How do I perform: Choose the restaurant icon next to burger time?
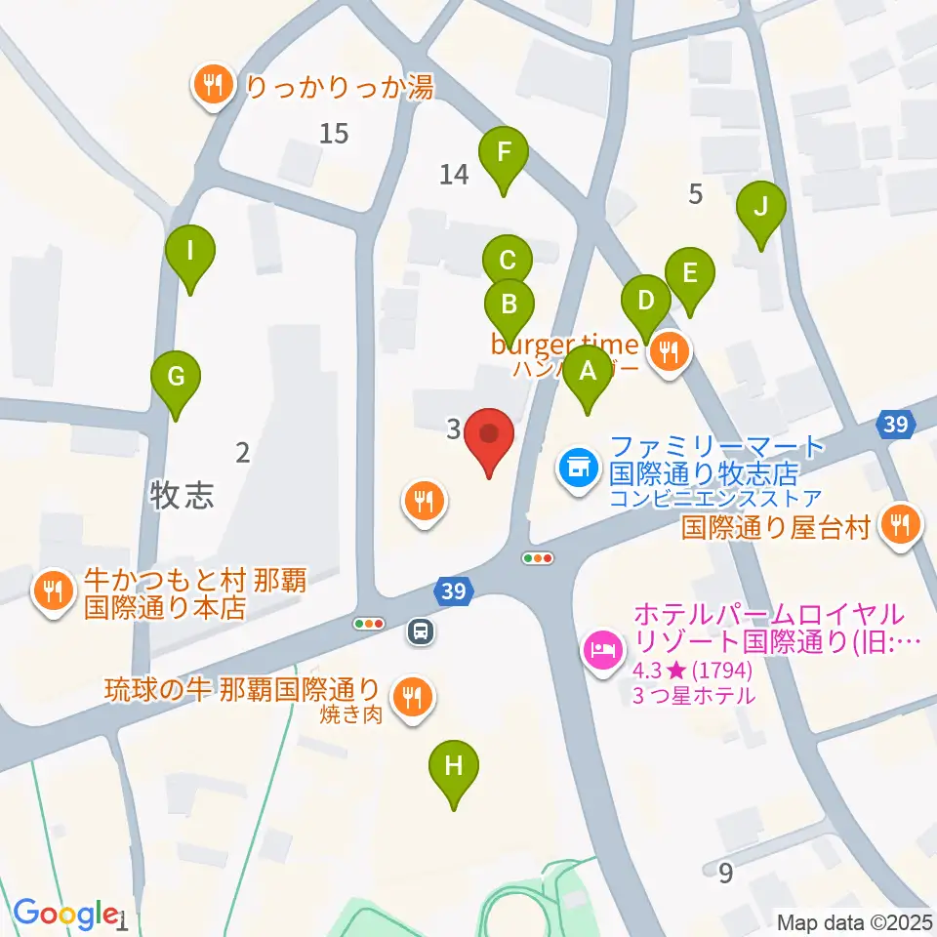tap(669, 351)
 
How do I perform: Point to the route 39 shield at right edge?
tap(895, 425)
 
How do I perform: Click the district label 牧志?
tap(182, 495)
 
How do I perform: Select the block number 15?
tap(334, 133)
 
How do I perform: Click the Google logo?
tap(65, 914)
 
